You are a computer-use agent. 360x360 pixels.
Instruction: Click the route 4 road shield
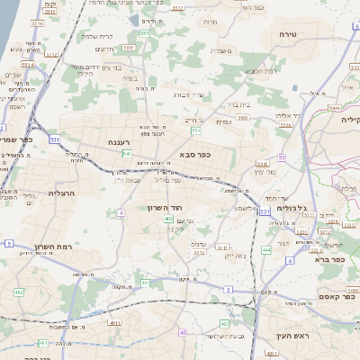pos(120,212)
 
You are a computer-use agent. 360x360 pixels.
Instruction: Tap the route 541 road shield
pos(127,154)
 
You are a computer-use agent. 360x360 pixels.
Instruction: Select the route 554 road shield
pos(196,130)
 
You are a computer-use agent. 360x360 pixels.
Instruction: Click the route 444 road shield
pos(265,249)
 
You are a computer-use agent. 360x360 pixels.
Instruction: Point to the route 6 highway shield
pos(289,260)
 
